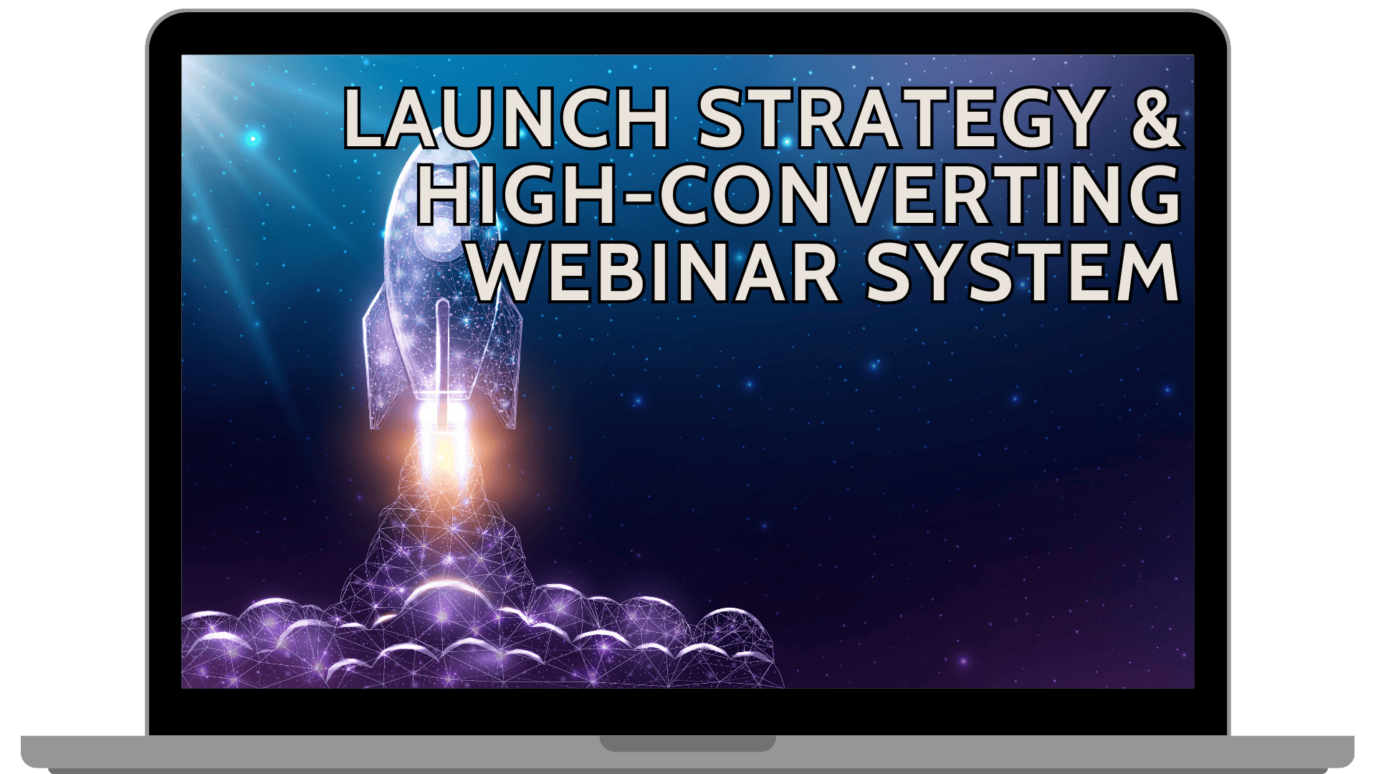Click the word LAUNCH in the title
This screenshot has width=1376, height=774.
(x=507, y=118)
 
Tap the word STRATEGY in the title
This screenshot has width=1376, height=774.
(x=902, y=118)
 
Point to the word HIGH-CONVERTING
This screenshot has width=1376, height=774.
(x=798, y=194)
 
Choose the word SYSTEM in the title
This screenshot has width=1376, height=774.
(x=1023, y=272)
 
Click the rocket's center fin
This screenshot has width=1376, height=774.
(x=443, y=351)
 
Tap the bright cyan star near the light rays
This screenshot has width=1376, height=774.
(x=252, y=138)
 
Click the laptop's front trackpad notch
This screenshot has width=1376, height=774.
(x=687, y=743)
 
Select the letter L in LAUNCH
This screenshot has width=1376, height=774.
(x=365, y=118)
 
